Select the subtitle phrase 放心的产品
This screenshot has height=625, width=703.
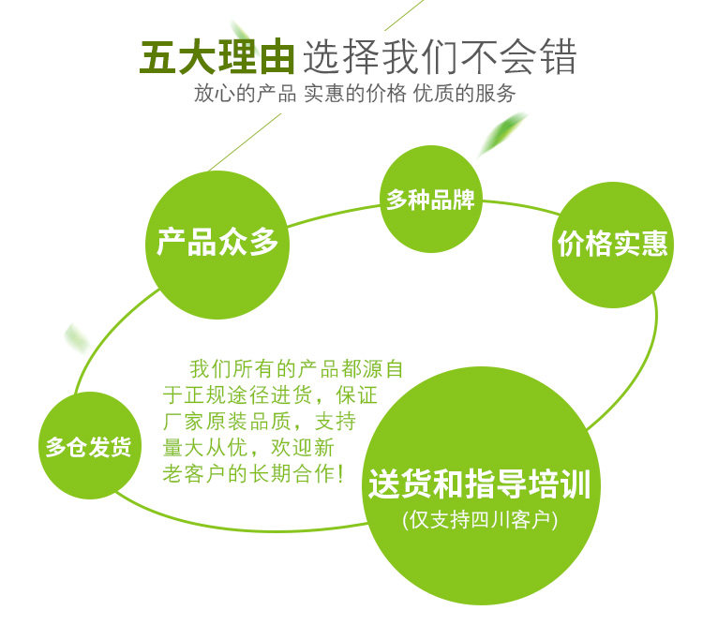[x=246, y=94]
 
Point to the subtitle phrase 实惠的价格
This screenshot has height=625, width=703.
[x=355, y=94]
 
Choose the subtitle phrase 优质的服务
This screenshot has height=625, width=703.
[x=465, y=94]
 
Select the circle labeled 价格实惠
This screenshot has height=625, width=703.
[x=613, y=245]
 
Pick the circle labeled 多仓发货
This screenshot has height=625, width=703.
[x=88, y=446]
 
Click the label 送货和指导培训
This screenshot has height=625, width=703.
[x=479, y=486]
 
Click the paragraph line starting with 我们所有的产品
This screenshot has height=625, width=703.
[x=296, y=368]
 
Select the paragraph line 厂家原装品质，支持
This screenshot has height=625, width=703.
[x=258, y=420]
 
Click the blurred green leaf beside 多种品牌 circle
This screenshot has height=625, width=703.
[x=501, y=133]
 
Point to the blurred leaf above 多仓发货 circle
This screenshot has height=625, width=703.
[x=77, y=337]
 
